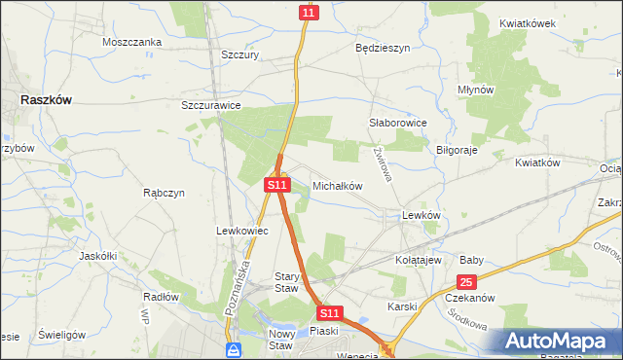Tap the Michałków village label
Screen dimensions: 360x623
click(x=337, y=185)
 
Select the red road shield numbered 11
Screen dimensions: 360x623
click(x=308, y=12)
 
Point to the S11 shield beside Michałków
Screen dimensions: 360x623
click(x=276, y=184)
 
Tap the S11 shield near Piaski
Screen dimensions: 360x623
click(x=330, y=313)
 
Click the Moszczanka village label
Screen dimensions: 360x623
click(x=131, y=43)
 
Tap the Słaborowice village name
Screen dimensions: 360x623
click(x=398, y=123)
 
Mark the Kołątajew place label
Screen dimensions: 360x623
click(x=420, y=261)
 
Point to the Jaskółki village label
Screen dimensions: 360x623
click(x=97, y=256)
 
